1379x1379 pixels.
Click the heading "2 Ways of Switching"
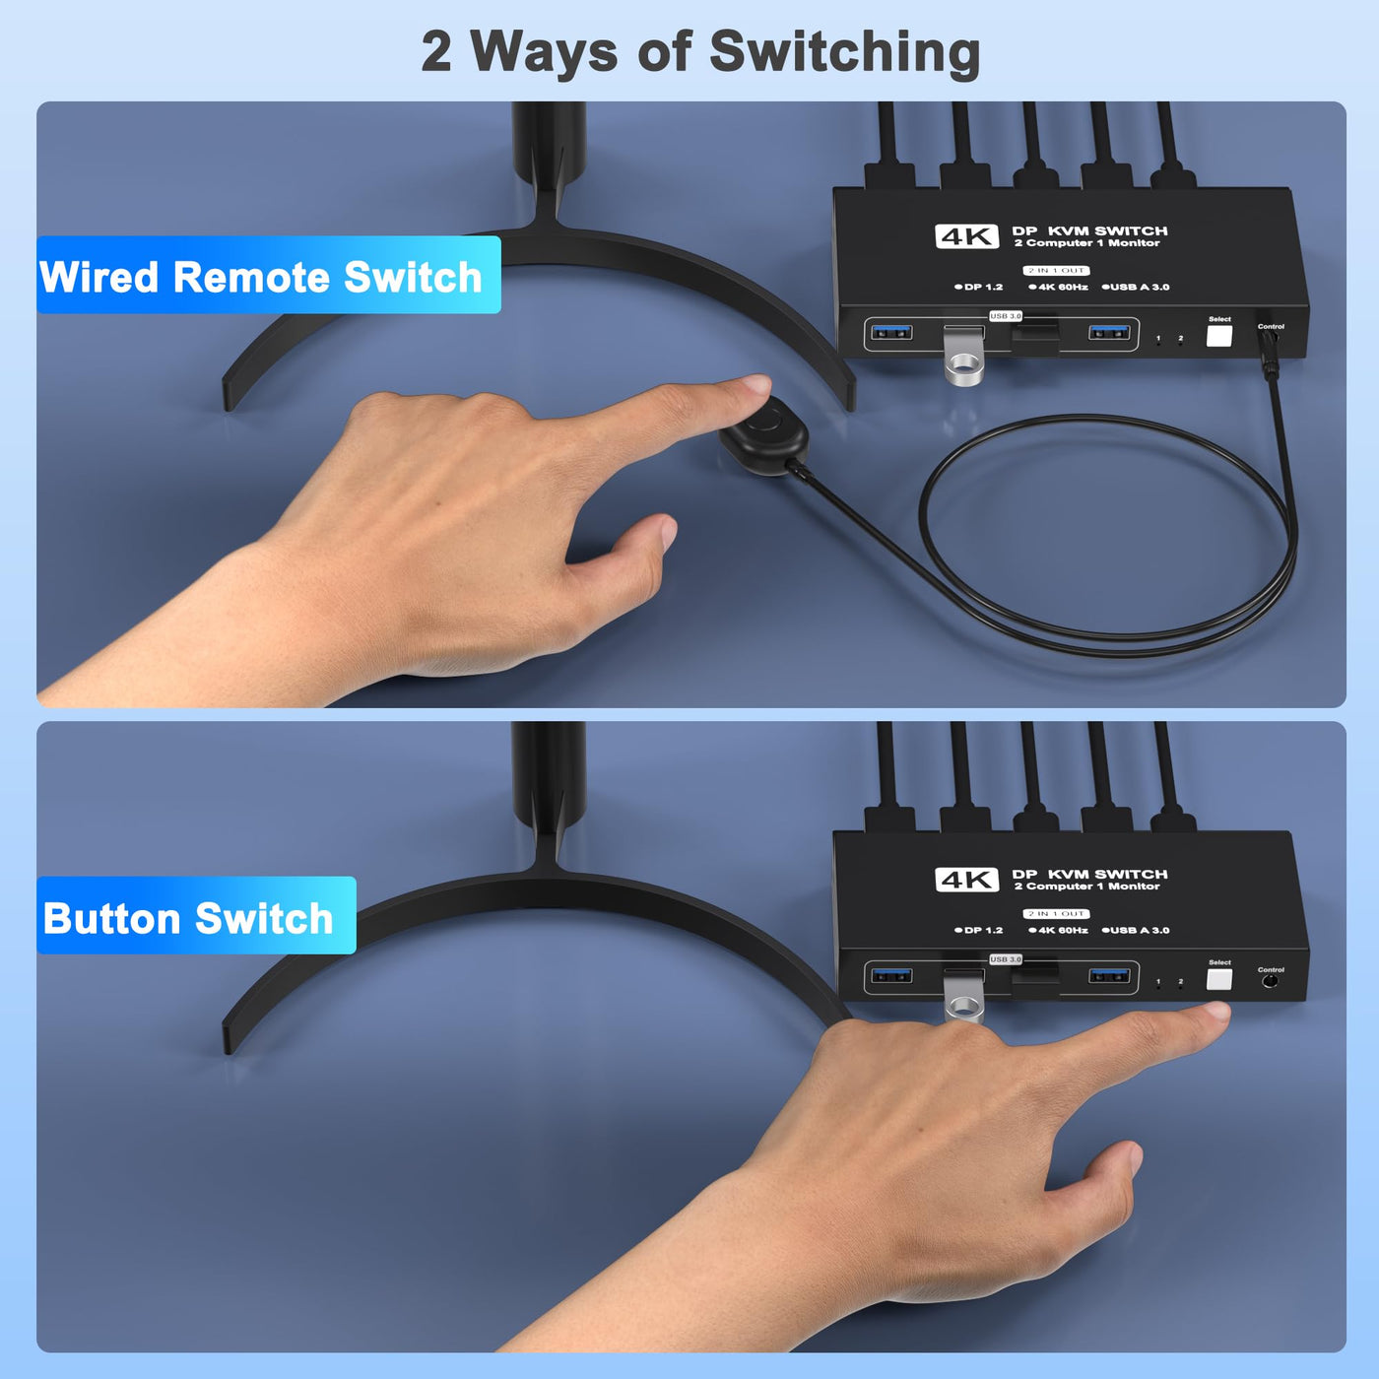coord(700,53)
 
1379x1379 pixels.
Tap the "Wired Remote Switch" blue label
coord(268,275)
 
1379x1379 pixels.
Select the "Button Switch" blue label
coord(196,915)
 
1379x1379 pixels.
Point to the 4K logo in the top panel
coord(966,236)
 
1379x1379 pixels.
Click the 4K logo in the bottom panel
coord(966,880)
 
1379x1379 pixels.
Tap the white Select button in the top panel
coord(1218,335)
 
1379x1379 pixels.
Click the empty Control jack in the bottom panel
coord(1270,981)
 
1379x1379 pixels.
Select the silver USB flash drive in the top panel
coord(964,356)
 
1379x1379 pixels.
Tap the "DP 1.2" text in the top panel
coord(979,287)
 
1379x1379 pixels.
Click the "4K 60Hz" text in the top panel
coord(1059,287)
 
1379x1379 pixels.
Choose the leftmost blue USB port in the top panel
coord(891,332)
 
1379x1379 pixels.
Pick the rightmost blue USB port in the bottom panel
coord(1109,975)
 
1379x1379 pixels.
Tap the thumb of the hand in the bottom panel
coord(1102,1173)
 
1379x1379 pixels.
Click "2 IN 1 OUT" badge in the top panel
coord(1056,271)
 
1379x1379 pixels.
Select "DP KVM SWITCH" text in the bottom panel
coord(1089,874)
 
